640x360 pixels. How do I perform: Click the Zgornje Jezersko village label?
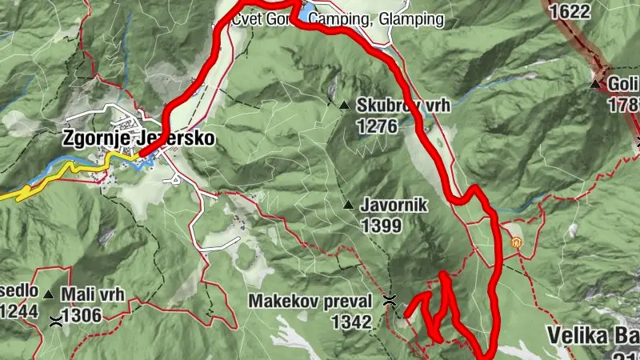(x=138, y=138)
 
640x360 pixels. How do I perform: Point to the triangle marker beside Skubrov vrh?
(x=344, y=105)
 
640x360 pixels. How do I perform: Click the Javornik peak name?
(x=394, y=206)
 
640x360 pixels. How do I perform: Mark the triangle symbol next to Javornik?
(x=348, y=206)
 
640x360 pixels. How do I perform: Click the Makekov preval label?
(x=310, y=302)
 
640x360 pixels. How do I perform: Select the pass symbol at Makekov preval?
(x=390, y=302)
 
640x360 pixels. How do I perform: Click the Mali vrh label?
(x=93, y=294)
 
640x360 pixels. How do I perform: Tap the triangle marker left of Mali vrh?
(x=49, y=294)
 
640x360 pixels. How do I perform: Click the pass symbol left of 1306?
(x=55, y=321)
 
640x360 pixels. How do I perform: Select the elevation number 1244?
(x=18, y=313)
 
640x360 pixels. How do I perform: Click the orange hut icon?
(x=516, y=242)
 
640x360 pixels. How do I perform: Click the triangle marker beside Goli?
(x=594, y=84)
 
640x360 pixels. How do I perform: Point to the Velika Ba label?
(x=592, y=334)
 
